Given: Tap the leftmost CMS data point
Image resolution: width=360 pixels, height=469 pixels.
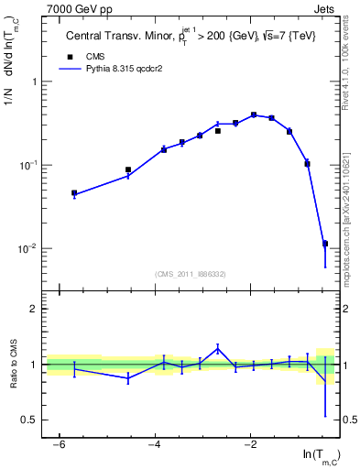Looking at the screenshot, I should click(74, 193).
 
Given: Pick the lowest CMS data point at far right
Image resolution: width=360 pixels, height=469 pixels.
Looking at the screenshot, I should click(325, 244).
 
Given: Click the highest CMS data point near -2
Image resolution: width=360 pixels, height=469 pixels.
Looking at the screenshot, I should click(254, 115).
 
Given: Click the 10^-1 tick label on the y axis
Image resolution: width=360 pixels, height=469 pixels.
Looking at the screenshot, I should click(30, 166).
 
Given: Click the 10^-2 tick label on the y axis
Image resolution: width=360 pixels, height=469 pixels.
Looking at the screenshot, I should click(30, 249).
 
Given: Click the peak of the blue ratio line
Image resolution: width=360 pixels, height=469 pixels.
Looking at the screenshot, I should click(218, 347).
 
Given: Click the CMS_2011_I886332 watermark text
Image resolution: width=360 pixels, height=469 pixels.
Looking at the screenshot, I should click(191, 273).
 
